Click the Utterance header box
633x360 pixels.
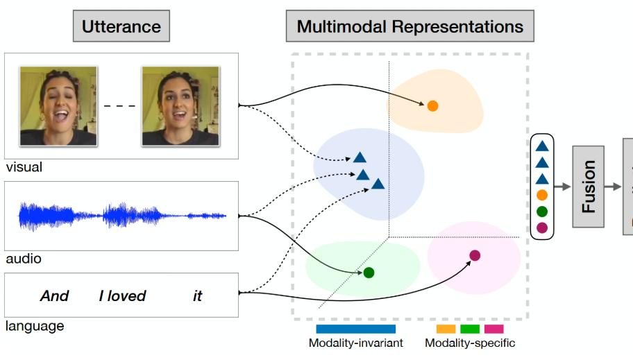121,26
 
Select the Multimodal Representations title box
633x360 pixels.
410,26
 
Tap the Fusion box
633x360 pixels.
588,187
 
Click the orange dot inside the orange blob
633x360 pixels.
432,106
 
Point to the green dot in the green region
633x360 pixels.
369,273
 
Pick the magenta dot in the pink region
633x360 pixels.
475,255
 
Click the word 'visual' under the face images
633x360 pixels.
24,167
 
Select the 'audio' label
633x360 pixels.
24,259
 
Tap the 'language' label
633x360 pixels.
35,326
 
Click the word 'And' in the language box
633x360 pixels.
55,295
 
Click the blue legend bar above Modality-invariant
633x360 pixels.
355,329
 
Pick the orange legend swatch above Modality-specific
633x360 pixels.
446,329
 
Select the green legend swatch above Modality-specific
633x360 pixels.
470,329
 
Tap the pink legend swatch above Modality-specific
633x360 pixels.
493,329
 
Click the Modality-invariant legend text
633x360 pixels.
355,343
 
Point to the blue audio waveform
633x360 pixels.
122,216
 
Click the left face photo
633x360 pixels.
58,106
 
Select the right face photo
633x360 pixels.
180,106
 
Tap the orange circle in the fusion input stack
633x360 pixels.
542,196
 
